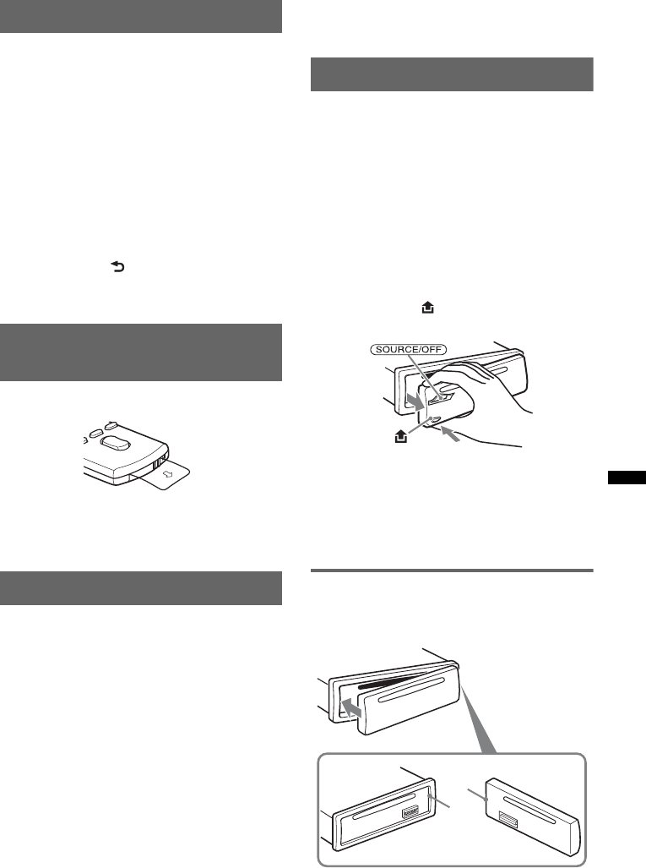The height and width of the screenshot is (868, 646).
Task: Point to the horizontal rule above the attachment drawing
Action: click(453, 571)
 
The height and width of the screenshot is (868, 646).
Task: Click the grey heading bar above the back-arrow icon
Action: click(140, 16)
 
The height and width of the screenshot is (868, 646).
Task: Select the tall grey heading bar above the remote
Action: click(140, 352)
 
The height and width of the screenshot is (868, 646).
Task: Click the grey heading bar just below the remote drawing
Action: click(140, 587)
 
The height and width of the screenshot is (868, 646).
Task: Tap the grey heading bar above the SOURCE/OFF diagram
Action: click(453, 74)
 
